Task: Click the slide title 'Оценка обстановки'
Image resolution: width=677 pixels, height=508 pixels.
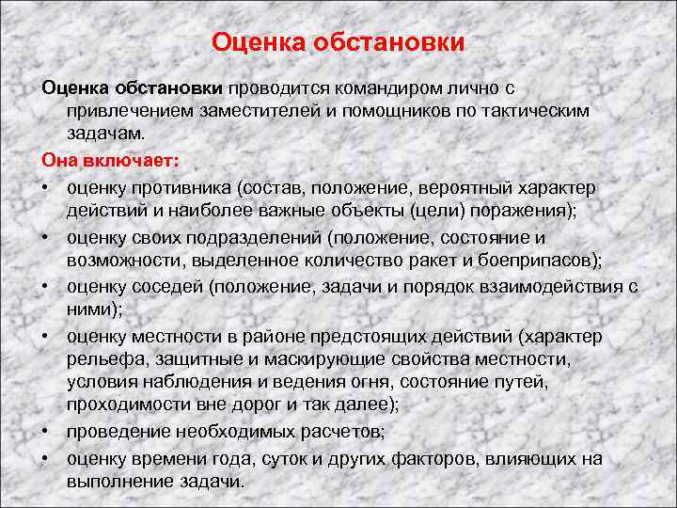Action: pyautogui.click(x=338, y=42)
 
